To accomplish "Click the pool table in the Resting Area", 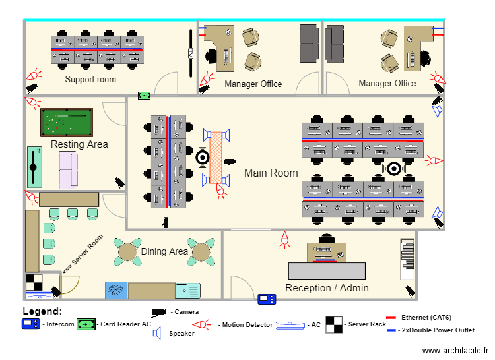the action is [67, 123].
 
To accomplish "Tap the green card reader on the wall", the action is [145, 95].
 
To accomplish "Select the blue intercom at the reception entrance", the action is [267, 299].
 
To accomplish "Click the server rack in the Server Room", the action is [34, 282].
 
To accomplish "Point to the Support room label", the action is [90, 79].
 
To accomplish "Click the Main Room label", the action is [271, 173].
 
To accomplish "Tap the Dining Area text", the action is [164, 251].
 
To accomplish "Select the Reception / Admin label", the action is [327, 288].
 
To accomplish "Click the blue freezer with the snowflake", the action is [116, 290].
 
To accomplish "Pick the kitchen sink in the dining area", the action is [188, 291].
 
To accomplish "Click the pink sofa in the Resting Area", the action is [68, 170].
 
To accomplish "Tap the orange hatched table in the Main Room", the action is [216, 158].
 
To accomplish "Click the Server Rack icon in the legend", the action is [334, 324].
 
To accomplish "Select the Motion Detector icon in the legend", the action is [201, 324].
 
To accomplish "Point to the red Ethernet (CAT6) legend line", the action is [391, 318].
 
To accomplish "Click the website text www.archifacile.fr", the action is [455, 351].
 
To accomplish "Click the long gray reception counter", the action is [327, 271].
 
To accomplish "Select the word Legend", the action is [42, 311].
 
